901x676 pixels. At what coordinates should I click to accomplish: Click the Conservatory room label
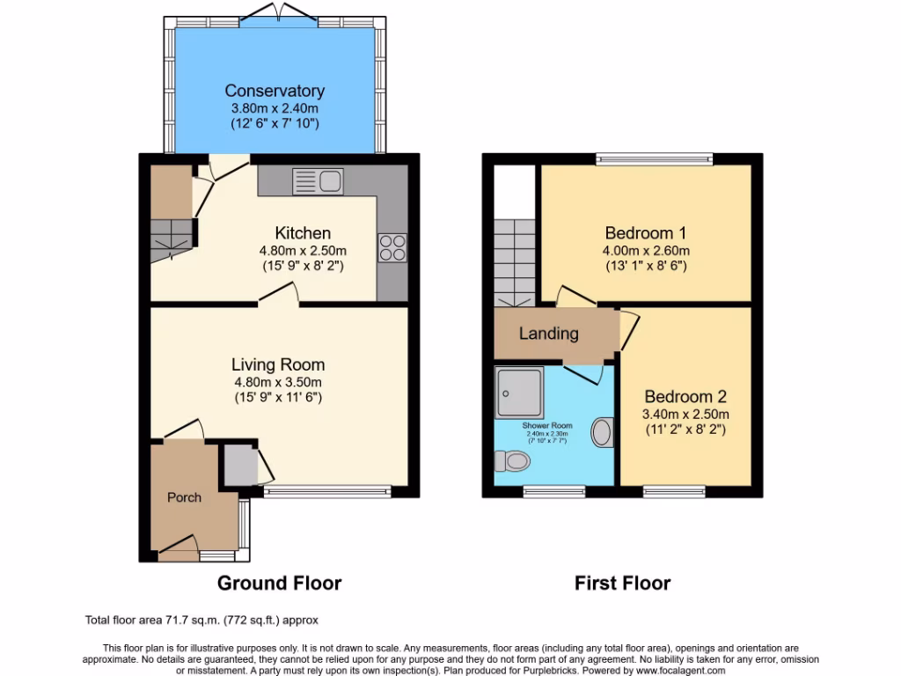pyautogui.click(x=275, y=91)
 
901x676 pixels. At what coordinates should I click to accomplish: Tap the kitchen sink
pyautogui.click(x=318, y=181)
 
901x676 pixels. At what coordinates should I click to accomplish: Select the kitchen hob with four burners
pyautogui.click(x=392, y=246)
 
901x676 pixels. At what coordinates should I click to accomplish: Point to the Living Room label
pyautogui.click(x=278, y=364)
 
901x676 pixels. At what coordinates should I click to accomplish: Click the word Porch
pyautogui.click(x=184, y=497)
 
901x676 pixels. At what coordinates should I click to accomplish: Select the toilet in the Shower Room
pyautogui.click(x=511, y=460)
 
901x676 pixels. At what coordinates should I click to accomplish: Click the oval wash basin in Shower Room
pyautogui.click(x=602, y=432)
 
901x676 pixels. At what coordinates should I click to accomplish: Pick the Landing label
pyautogui.click(x=548, y=334)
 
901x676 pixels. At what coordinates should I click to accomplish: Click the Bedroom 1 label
pyautogui.click(x=645, y=233)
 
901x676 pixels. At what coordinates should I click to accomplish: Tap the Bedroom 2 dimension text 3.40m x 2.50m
pyautogui.click(x=685, y=414)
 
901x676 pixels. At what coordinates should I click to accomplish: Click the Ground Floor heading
pyautogui.click(x=279, y=583)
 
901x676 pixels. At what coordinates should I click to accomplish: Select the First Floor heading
pyautogui.click(x=622, y=583)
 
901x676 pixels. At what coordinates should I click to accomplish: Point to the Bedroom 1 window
pyautogui.click(x=653, y=159)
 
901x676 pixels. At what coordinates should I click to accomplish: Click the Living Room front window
pyautogui.click(x=327, y=492)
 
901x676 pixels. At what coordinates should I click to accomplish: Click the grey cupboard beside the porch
pyautogui.click(x=236, y=466)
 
